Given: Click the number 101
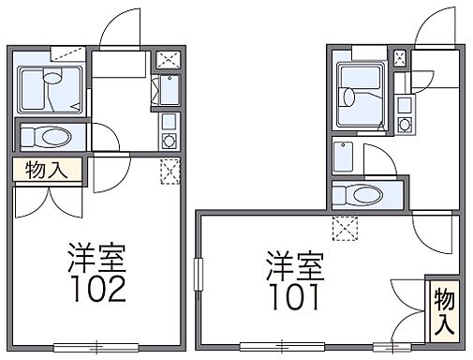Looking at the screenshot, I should click(293, 297).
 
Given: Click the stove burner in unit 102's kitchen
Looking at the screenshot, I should click(169, 140).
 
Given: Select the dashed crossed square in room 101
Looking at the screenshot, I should click(344, 225).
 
